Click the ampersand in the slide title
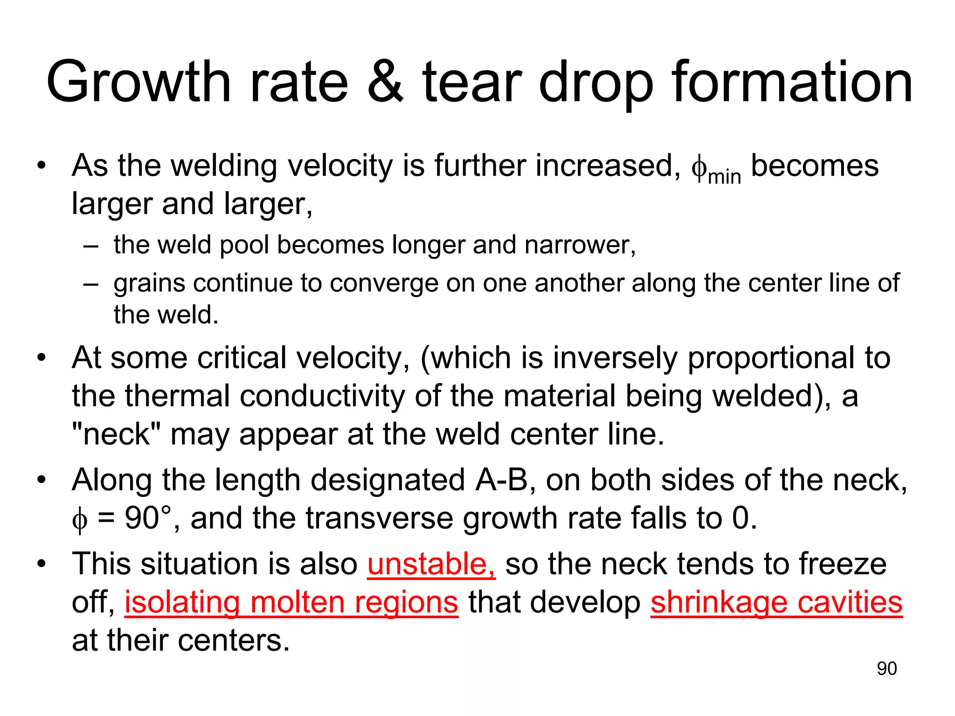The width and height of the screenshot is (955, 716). point(385,83)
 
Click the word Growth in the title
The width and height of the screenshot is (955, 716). point(139,83)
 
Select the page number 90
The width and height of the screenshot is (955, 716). point(886,668)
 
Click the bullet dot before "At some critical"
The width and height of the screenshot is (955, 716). point(42,358)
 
